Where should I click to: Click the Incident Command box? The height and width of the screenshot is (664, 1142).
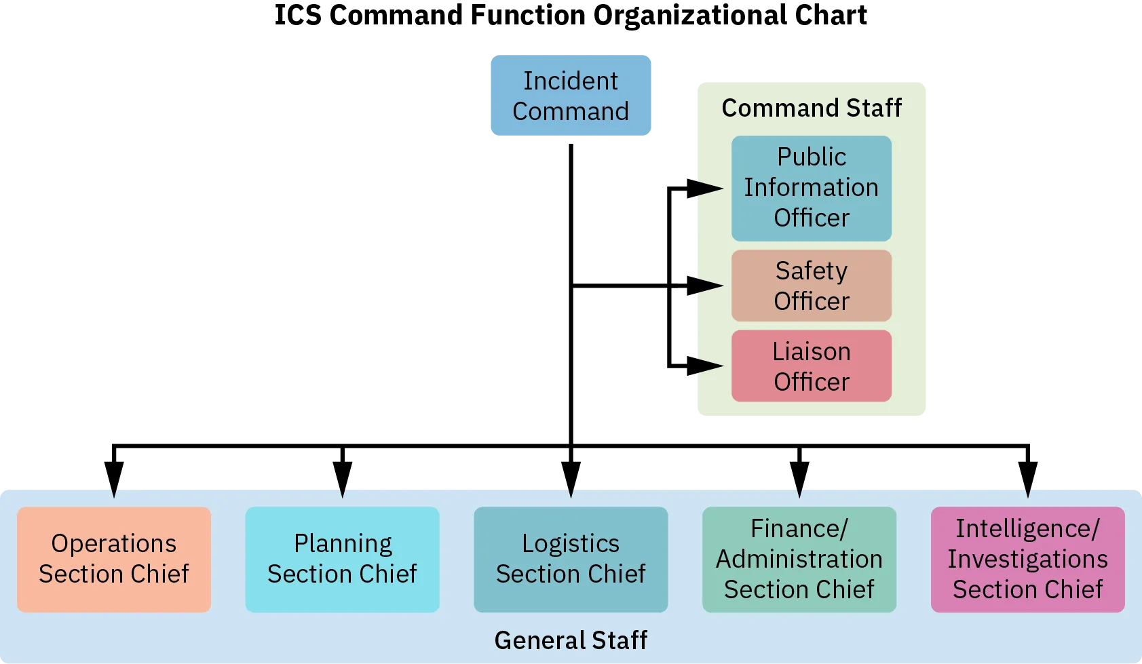(570, 95)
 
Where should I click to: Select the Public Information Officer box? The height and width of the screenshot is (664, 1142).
(811, 188)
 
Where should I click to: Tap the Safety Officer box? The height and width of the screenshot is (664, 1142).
(811, 286)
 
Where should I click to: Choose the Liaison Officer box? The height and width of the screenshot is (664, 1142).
(811, 366)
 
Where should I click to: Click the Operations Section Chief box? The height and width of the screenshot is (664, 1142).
(114, 559)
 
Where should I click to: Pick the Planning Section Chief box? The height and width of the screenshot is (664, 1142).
(342, 559)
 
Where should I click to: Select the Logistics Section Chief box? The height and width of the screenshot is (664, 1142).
(571, 559)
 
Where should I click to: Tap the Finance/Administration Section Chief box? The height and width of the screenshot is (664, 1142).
(799, 559)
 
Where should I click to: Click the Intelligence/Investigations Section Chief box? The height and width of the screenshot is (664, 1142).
(1027, 559)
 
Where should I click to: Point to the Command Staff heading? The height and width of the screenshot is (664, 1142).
(812, 108)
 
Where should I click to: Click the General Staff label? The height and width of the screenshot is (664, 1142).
(571, 640)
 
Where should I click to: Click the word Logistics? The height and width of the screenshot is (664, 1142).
(571, 543)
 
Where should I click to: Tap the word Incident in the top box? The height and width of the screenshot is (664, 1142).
(570, 81)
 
